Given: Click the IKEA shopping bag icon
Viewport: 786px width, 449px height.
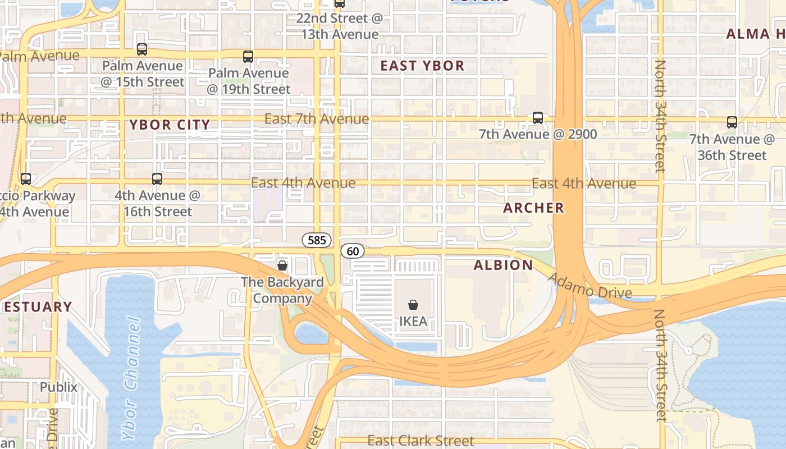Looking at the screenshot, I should (x=413, y=305).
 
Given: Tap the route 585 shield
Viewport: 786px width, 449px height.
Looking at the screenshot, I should (x=317, y=240).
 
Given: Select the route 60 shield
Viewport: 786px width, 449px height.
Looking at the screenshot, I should (x=353, y=251).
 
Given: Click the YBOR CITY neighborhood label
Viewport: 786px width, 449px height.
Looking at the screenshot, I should (x=170, y=125).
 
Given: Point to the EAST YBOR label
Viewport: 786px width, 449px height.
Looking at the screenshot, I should (x=422, y=66).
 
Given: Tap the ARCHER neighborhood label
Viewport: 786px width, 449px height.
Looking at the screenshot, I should (x=533, y=208).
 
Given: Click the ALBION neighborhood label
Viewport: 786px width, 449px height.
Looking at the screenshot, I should (x=503, y=265).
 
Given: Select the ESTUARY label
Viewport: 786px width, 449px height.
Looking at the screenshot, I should (x=37, y=307).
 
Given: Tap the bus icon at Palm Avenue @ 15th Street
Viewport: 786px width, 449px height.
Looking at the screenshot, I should (x=142, y=49).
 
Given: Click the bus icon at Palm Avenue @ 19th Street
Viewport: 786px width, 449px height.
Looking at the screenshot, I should (x=248, y=57).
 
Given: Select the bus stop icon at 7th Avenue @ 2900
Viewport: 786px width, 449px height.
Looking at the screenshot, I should (x=538, y=118).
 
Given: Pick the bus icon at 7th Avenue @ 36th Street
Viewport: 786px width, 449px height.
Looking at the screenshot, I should (x=732, y=122).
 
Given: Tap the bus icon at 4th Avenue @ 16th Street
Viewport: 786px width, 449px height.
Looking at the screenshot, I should (x=157, y=179).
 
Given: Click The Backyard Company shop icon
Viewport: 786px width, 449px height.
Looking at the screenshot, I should (x=282, y=265).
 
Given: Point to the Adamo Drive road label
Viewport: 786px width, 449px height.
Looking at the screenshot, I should (x=589, y=285).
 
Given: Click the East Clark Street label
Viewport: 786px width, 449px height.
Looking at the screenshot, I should (x=421, y=441).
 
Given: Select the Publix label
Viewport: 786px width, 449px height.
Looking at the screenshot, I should (x=58, y=387).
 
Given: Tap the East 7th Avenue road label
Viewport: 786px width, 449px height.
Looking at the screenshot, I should (x=317, y=118).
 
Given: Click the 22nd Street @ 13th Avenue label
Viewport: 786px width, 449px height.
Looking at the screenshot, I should (x=339, y=26).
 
